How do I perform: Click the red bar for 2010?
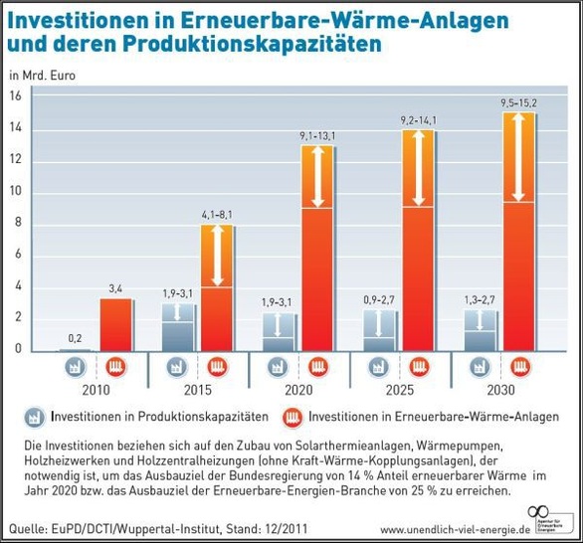pos(115,324)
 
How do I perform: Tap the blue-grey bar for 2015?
pos(178,327)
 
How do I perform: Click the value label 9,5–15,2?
pos(518,101)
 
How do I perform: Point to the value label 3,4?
pos(115,288)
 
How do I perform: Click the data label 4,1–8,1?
pos(218,214)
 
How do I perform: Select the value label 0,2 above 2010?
pos(75,338)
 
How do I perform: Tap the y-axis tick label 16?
pos(16,95)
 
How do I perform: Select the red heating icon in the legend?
pos(293,417)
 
